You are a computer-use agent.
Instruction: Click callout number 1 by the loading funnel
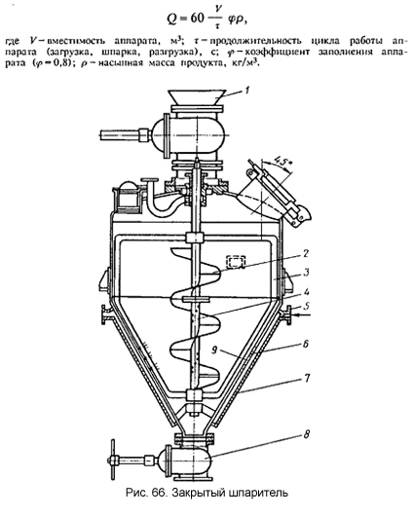pos(248,90)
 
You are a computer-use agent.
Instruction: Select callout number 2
pos(306,253)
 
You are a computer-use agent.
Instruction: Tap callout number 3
pos(306,273)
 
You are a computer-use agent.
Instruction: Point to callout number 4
pos(306,291)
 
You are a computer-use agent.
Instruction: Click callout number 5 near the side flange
pos(306,306)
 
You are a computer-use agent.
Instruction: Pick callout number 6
pos(306,344)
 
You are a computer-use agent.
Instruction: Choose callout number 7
pos(306,378)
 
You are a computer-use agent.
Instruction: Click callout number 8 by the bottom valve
pos(306,434)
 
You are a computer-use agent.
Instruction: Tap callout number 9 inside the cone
pos(214,351)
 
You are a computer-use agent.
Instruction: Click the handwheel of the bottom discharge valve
pos(113,460)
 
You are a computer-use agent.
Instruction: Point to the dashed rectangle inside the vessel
pos(236,262)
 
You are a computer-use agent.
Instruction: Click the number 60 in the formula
pos(198,18)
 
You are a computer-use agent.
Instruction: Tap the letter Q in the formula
pos(171,19)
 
